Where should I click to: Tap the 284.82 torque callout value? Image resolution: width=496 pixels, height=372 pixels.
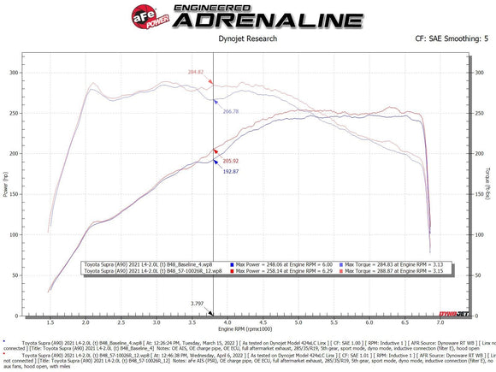pyautogui.click(x=196, y=72)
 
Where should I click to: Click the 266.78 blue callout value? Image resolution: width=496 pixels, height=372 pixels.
pyautogui.click(x=230, y=111)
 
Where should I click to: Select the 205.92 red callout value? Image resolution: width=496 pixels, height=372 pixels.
pyautogui.click(x=229, y=160)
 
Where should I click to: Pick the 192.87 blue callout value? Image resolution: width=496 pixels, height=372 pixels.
pyautogui.click(x=229, y=171)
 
